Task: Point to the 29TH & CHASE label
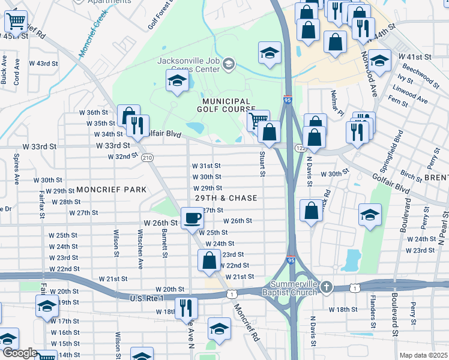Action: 226,198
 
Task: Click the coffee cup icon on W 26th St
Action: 192,217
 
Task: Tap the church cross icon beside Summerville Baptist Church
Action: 326,286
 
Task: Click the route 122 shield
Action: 299,148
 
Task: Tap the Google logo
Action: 20,353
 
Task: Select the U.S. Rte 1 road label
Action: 147,298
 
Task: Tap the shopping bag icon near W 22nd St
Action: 209,260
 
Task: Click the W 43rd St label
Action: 43,63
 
